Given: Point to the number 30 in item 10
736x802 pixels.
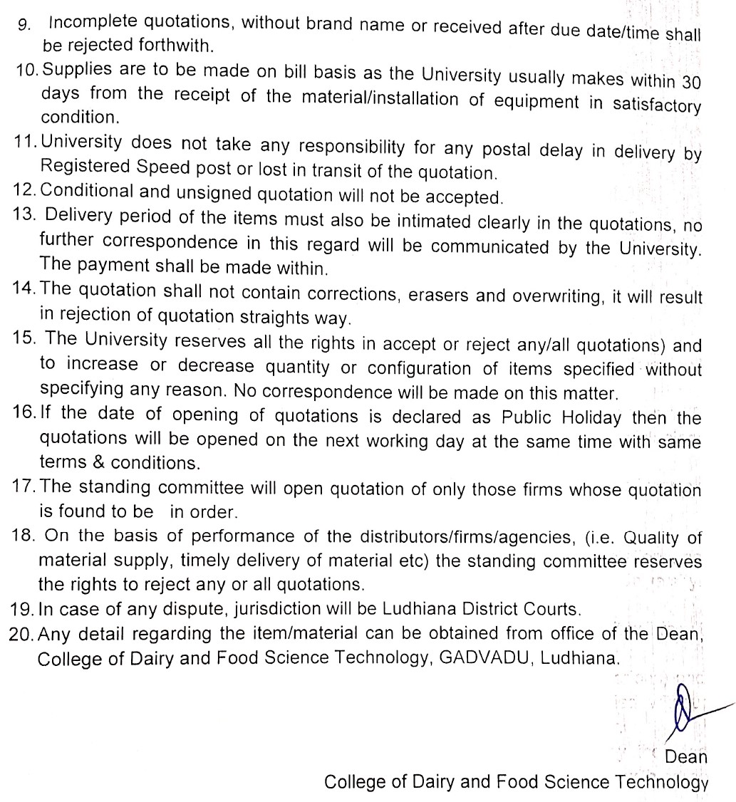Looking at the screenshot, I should coord(691,82).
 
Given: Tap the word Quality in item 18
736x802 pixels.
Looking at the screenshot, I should coord(653,538).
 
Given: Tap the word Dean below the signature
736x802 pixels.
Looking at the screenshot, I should coord(685,757).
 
